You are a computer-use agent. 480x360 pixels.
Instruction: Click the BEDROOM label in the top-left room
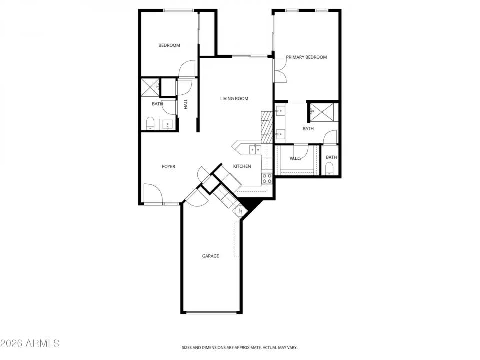click(169, 46)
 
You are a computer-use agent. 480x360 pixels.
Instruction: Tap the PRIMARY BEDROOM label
click(306, 57)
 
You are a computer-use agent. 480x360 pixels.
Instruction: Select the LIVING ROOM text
click(234, 99)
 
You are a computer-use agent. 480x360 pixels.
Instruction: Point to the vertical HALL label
click(186, 104)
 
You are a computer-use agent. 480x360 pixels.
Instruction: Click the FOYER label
click(168, 167)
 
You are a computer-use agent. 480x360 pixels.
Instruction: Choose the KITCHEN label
click(242, 167)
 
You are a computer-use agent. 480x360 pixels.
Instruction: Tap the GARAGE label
click(210, 256)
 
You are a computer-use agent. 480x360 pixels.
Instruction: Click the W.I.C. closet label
click(295, 159)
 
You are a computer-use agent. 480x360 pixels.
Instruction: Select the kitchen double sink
click(255, 149)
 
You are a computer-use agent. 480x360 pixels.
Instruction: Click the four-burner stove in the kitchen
click(267, 178)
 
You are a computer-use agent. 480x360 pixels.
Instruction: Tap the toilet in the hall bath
click(150, 123)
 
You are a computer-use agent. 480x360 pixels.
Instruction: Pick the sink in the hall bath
click(167, 124)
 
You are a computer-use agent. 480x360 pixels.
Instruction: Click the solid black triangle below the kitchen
click(248, 204)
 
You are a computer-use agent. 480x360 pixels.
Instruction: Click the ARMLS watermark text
click(30, 343)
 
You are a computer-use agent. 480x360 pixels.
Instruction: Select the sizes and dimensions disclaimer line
click(239, 347)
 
